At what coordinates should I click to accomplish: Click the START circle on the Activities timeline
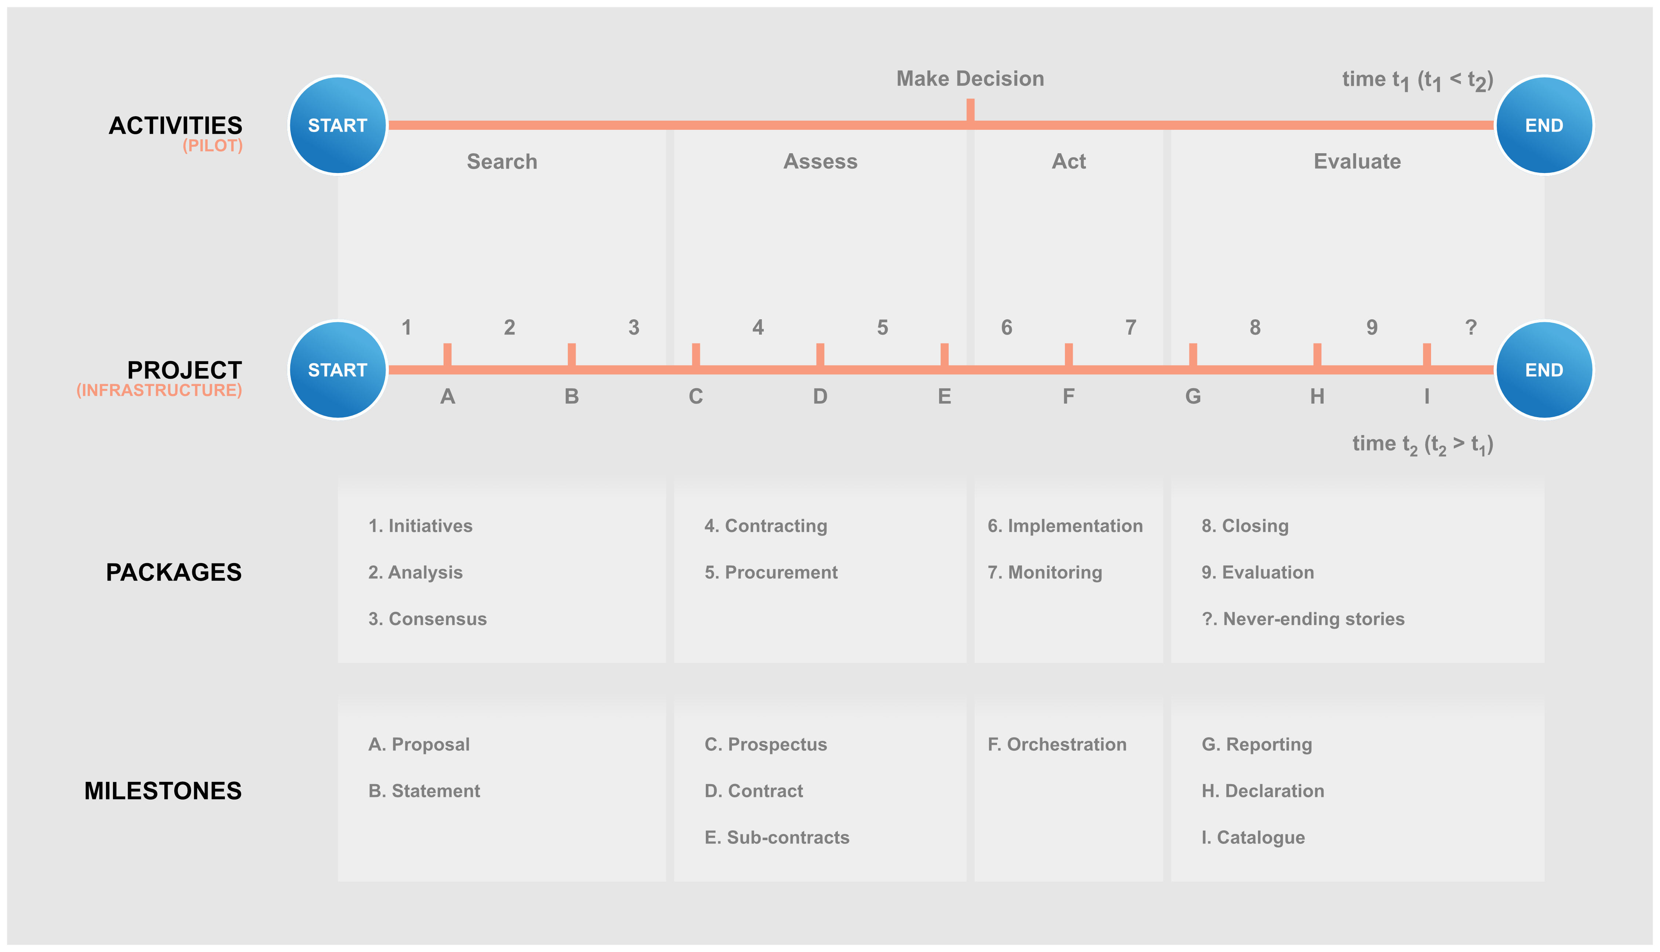[x=338, y=125]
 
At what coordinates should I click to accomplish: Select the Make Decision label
[x=970, y=78]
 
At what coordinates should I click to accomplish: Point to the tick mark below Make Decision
[x=970, y=110]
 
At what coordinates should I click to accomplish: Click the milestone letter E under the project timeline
[x=944, y=396]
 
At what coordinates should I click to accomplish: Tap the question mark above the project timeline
[x=1471, y=327]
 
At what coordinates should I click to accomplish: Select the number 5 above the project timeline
[x=883, y=327]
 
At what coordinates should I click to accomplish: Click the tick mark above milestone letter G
[x=1193, y=354]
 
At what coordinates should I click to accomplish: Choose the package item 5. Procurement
[x=771, y=572]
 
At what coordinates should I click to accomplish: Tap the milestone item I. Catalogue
[x=1253, y=838]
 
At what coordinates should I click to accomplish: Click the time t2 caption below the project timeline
[x=1423, y=445]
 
